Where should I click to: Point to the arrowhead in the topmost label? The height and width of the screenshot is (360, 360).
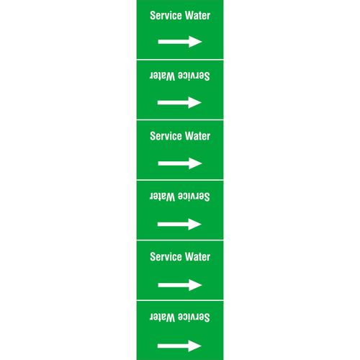click(195, 42)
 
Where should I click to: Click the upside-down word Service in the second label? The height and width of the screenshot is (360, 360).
click(194, 76)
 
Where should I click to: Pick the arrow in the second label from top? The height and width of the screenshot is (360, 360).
click(179, 103)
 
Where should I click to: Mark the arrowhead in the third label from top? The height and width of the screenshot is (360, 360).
click(195, 163)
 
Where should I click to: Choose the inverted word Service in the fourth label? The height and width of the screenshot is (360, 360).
click(194, 197)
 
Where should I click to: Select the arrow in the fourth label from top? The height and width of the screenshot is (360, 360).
click(179, 225)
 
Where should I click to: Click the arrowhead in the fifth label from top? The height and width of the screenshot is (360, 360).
click(195, 285)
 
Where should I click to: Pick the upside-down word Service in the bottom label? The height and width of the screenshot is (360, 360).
click(194, 318)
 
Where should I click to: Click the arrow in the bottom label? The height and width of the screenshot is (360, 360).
click(179, 346)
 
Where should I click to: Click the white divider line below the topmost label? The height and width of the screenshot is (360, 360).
click(180, 60)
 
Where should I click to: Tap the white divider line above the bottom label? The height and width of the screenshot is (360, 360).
click(180, 300)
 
